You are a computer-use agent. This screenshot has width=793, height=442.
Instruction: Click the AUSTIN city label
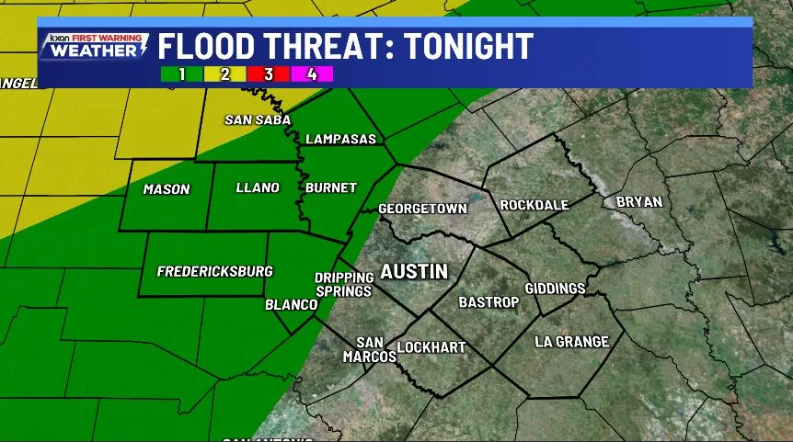(414, 271)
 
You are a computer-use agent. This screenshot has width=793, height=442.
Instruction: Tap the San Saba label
(258, 119)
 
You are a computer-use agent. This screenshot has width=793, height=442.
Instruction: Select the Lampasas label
(339, 139)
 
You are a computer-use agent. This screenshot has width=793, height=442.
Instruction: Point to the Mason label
(167, 189)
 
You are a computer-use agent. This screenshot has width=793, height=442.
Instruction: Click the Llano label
(258, 187)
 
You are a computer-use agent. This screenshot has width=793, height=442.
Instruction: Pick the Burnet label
(331, 187)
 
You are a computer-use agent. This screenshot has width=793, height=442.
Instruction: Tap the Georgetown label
(422, 209)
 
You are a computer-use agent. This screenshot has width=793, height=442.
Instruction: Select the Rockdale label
(534, 205)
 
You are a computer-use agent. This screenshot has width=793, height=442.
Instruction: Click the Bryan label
(638, 201)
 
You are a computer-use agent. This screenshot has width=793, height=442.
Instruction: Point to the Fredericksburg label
(214, 271)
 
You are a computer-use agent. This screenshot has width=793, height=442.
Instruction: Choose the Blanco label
(291, 304)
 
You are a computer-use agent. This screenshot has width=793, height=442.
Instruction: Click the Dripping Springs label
(343, 284)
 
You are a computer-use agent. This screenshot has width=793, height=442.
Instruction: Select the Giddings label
(555, 289)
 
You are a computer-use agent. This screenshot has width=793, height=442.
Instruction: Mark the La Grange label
(571, 342)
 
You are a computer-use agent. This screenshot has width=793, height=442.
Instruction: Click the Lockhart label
(431, 347)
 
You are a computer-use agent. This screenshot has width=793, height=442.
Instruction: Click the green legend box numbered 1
(181, 74)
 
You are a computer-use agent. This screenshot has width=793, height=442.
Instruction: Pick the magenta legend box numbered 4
(314, 74)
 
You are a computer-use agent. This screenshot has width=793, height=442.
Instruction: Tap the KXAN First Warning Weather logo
(93, 46)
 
